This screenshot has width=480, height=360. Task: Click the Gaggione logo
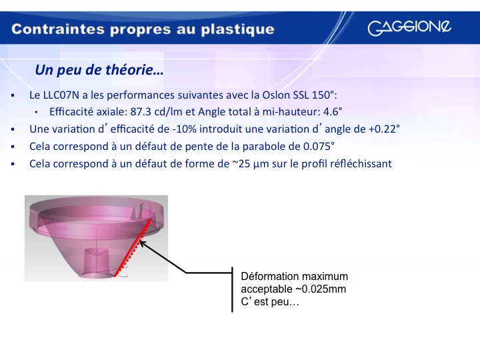click(x=409, y=27)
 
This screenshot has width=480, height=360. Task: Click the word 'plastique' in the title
click(x=237, y=30)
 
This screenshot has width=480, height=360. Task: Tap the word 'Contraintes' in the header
click(x=58, y=29)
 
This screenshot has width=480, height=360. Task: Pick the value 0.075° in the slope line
click(x=319, y=146)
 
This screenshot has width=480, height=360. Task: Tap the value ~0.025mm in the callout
click(x=320, y=289)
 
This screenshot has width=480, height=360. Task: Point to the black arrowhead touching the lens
click(x=143, y=244)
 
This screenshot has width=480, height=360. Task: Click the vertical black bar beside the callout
click(x=232, y=289)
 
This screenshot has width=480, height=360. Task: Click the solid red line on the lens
click(x=133, y=247)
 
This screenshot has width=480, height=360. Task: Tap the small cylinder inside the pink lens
click(x=96, y=260)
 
